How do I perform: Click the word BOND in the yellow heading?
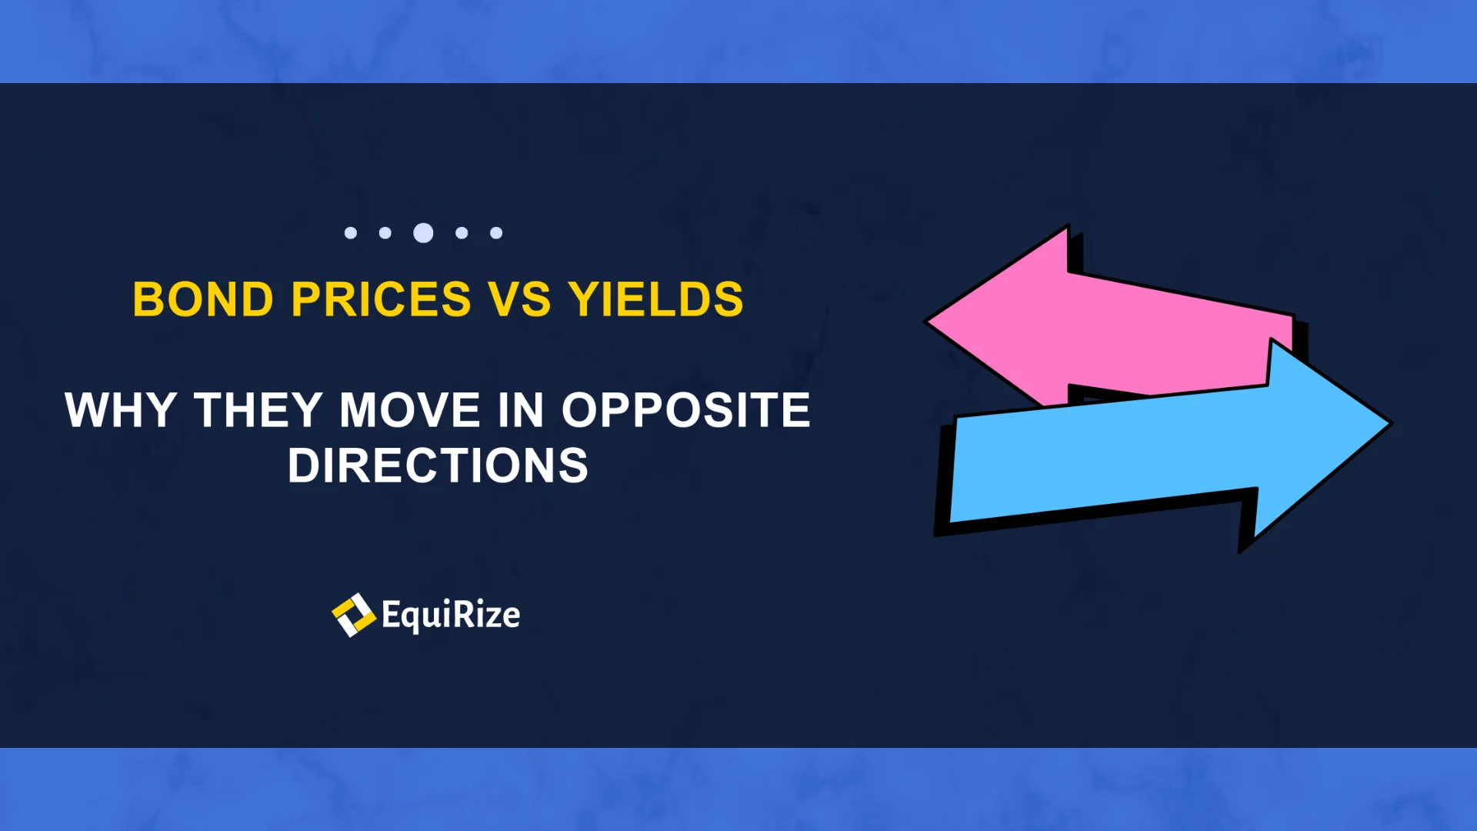pyautogui.click(x=203, y=299)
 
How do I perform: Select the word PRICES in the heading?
pyautogui.click(x=382, y=299)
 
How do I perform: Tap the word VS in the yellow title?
pyautogui.click(x=520, y=299)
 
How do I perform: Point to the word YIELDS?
pyautogui.click(x=656, y=299)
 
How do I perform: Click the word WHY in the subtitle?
pyautogui.click(x=122, y=410)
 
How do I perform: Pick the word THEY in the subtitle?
pyautogui.click(x=258, y=410)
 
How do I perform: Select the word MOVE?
pyautogui.click(x=410, y=410)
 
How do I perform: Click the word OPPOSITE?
pyautogui.click(x=686, y=410)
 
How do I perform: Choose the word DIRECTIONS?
pyautogui.click(x=438, y=466)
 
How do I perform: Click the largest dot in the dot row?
pyautogui.click(x=423, y=232)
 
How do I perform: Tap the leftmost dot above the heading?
pyautogui.click(x=351, y=232)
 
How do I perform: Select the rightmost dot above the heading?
pyautogui.click(x=496, y=232)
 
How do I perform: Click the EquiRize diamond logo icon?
pyautogui.click(x=353, y=615)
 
